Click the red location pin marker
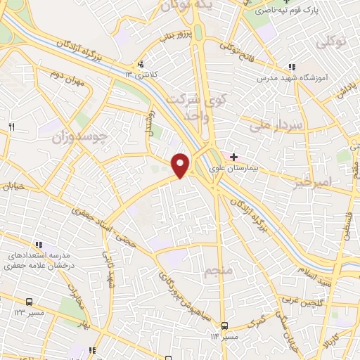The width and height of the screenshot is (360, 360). [x=181, y=164]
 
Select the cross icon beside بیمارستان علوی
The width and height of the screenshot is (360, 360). [x=234, y=156]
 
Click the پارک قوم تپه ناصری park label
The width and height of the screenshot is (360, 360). [x=284, y=11]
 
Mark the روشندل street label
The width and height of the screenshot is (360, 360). [x=148, y=122]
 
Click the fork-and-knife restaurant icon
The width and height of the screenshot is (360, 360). [x=11, y=127]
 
